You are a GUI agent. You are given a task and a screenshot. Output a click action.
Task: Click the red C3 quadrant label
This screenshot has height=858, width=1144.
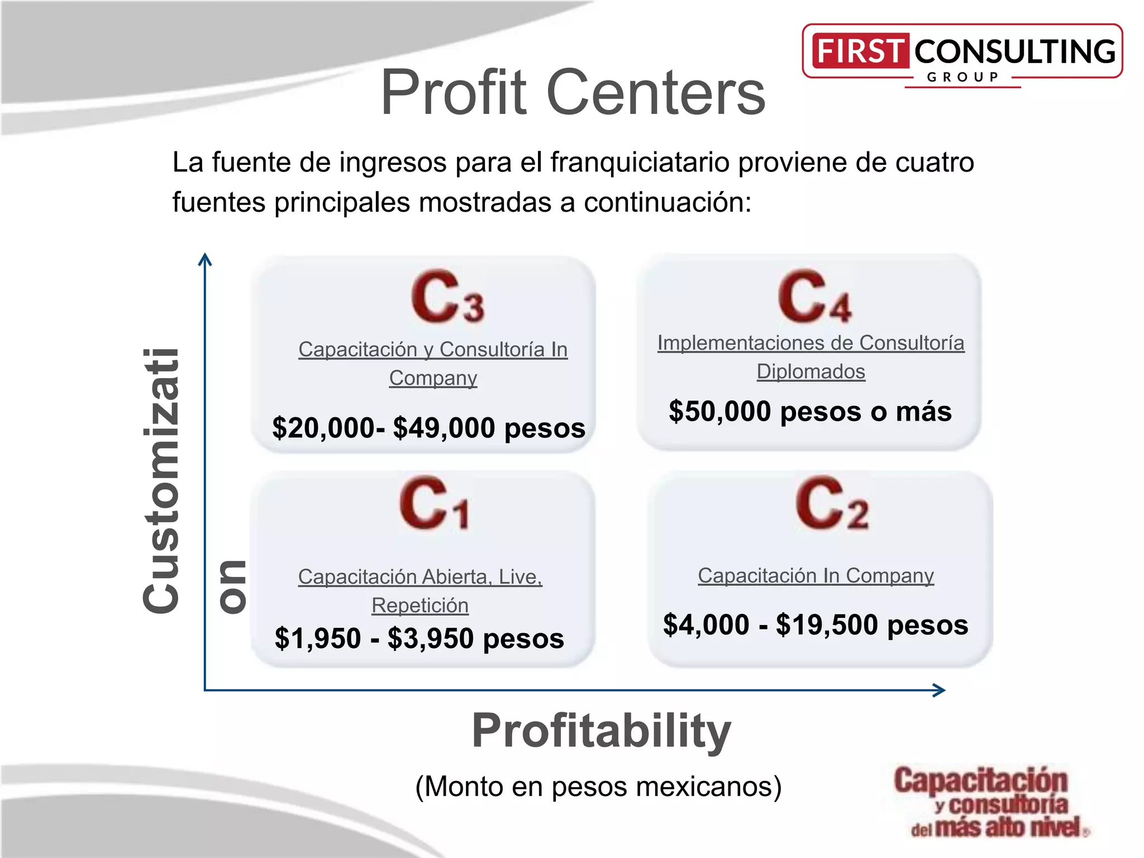tap(447, 297)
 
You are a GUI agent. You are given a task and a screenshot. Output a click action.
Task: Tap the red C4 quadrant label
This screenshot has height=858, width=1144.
tap(814, 297)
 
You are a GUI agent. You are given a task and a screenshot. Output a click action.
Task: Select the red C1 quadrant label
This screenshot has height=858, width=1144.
tap(435, 503)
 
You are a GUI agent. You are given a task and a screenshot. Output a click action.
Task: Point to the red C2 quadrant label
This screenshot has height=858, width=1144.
tap(832, 503)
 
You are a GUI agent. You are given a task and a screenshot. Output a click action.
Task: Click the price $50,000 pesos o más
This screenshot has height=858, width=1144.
tap(810, 412)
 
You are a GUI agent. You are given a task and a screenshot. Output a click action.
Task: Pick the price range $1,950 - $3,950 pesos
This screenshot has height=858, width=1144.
tap(419, 638)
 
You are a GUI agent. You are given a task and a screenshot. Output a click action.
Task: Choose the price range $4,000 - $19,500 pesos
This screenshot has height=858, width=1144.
tap(816, 625)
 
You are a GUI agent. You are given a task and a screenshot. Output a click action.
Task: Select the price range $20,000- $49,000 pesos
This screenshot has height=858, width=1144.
tap(428, 428)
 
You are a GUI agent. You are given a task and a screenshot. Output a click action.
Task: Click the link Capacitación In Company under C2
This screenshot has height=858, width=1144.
tap(816, 575)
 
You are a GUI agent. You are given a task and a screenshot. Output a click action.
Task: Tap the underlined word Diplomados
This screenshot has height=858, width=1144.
tap(811, 371)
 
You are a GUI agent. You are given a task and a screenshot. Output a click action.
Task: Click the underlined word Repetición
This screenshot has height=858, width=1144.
tap(420, 606)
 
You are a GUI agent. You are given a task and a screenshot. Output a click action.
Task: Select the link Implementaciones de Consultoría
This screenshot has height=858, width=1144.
tap(811, 343)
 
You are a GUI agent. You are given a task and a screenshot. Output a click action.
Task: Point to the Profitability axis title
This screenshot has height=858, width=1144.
tap(601, 731)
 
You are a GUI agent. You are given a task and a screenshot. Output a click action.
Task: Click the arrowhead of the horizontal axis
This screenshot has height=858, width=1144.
tap(940, 690)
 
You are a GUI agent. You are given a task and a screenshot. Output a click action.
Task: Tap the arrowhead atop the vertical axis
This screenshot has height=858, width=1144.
tap(205, 260)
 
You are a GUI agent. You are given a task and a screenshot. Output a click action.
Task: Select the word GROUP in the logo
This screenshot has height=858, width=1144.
tap(962, 78)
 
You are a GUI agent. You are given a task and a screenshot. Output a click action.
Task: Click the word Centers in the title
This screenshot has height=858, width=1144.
tap(656, 92)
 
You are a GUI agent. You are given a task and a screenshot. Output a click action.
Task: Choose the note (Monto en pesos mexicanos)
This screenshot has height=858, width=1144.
tap(598, 786)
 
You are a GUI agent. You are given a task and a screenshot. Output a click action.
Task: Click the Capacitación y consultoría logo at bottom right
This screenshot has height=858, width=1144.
tap(986, 802)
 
